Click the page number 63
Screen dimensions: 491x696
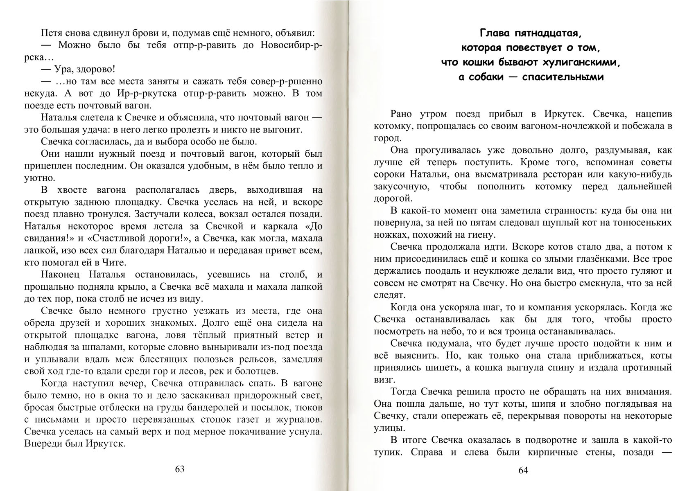(x=180, y=469)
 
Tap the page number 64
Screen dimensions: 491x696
(x=523, y=470)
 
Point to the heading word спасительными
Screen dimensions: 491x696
(x=563, y=77)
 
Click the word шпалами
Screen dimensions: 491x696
(x=96, y=347)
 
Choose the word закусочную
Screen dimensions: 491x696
(x=400, y=187)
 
